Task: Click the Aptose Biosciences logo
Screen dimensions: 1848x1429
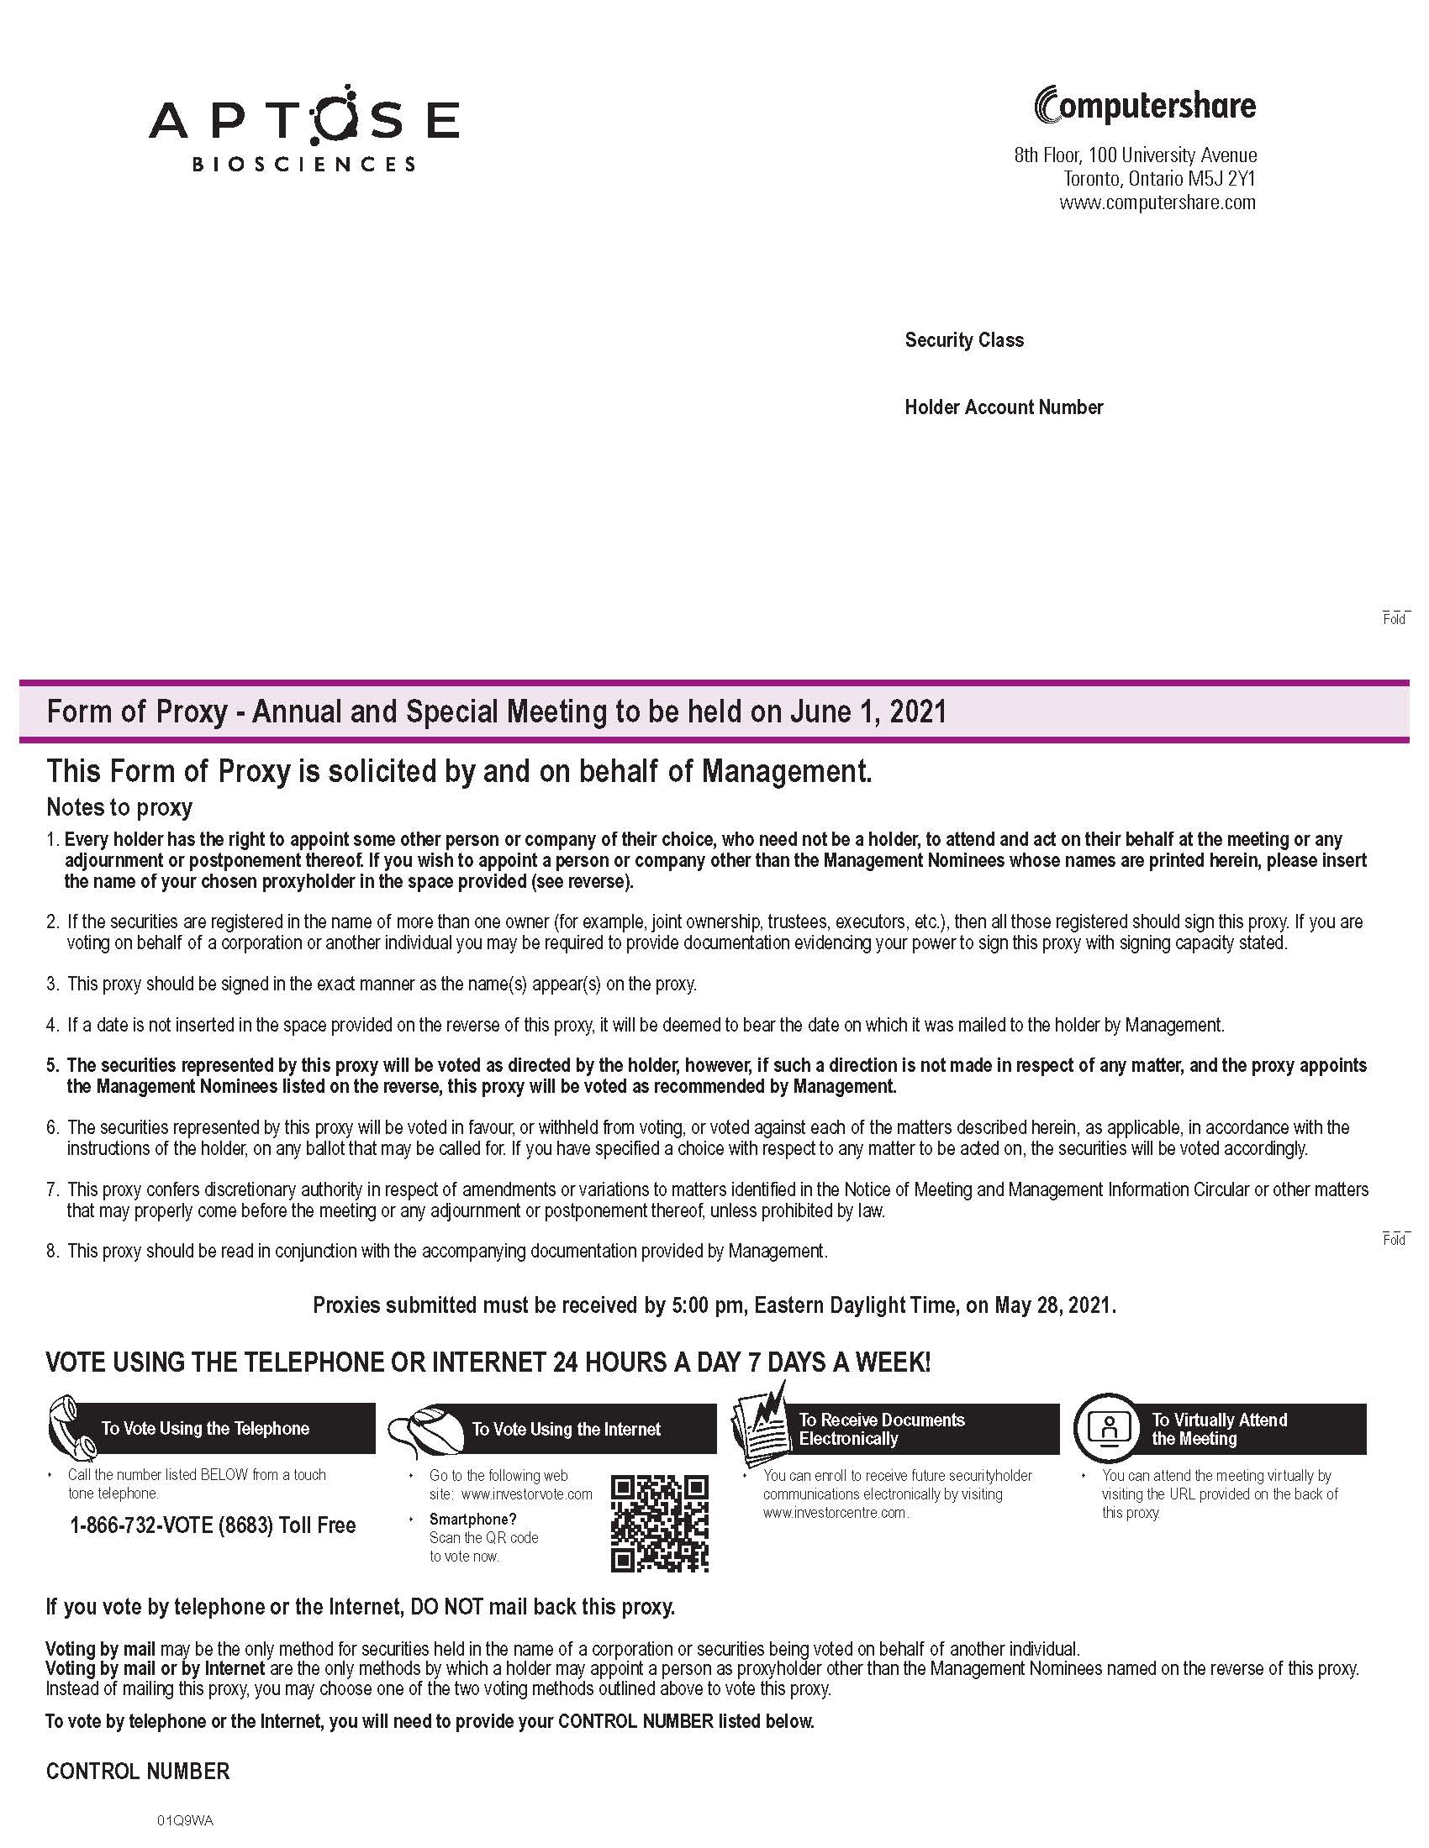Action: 304,129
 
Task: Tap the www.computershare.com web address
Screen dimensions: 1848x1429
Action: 1157,203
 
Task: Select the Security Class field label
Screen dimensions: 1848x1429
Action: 963,340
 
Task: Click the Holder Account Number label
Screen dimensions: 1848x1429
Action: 1003,408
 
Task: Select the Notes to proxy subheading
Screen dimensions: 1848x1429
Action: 119,807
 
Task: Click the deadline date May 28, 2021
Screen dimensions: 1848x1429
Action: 1054,1305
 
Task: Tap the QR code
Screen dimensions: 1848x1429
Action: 660,1523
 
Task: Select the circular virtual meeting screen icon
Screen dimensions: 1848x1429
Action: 1109,1427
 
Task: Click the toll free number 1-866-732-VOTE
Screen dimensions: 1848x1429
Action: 213,1525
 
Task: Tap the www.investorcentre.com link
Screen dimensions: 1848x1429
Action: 835,1513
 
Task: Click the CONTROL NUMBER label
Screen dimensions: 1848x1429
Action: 137,1772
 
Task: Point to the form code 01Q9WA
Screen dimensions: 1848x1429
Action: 184,1820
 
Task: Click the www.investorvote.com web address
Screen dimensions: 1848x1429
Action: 526,1494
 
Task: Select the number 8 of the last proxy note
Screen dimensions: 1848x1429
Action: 51,1251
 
